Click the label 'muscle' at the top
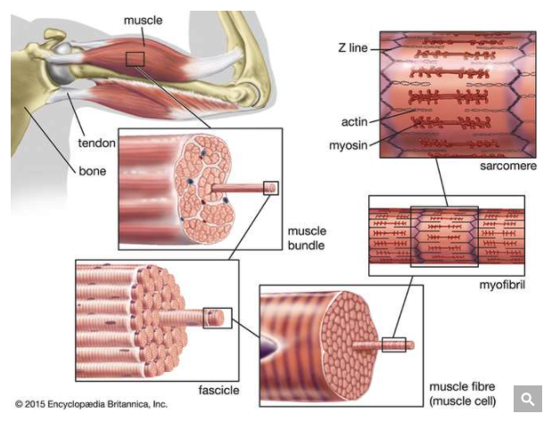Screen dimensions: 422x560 (142, 19)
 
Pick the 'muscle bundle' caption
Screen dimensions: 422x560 (306, 236)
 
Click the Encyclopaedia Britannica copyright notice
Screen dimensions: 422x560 (91, 404)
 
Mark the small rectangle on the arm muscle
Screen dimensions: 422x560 (135, 58)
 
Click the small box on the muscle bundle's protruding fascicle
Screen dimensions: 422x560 (271, 187)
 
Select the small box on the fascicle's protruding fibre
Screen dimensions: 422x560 (218, 317)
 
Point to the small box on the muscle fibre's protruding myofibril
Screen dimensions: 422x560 (393, 343)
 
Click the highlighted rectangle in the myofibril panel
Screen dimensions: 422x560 (444, 236)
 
